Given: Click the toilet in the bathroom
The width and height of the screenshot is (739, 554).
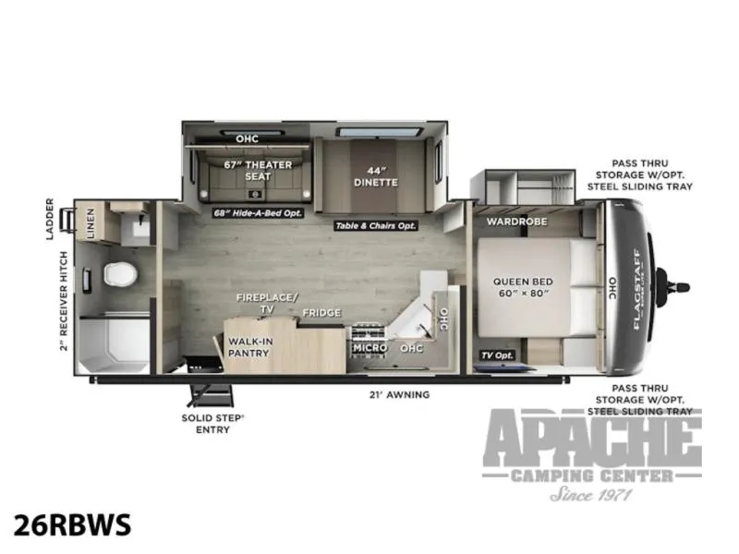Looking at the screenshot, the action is pyautogui.click(x=120, y=273).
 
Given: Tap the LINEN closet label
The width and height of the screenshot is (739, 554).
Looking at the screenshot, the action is pyautogui.click(x=90, y=223).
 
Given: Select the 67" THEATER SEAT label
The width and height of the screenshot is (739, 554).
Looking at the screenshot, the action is pyautogui.click(x=258, y=171).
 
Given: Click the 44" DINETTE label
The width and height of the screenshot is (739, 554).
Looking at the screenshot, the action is pyautogui.click(x=376, y=176).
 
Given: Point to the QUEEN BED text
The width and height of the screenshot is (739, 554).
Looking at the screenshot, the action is pyautogui.click(x=523, y=282).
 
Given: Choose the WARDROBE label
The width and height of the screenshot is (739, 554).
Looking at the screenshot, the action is pyautogui.click(x=517, y=221).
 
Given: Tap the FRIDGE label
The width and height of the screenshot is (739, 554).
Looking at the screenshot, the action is pyautogui.click(x=321, y=313).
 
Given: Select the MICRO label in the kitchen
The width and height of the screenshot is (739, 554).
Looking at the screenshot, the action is pyautogui.click(x=370, y=348).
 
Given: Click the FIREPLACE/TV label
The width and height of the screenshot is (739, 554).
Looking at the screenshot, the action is pyautogui.click(x=267, y=303).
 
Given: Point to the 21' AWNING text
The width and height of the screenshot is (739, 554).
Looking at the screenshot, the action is pyautogui.click(x=399, y=395).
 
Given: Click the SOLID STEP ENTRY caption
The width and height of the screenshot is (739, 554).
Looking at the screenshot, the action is pyautogui.click(x=212, y=424).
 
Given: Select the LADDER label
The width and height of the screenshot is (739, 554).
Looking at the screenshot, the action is pyautogui.click(x=50, y=219).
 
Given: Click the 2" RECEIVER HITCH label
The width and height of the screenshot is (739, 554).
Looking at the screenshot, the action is pyautogui.click(x=64, y=301).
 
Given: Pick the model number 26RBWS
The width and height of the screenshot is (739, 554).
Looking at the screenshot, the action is pyautogui.click(x=72, y=524).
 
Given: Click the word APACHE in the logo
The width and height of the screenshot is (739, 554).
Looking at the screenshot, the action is pyautogui.click(x=592, y=438).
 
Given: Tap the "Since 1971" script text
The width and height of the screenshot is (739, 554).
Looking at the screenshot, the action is pyautogui.click(x=590, y=494).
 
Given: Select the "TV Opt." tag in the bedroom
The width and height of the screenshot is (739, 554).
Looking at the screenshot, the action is pyautogui.click(x=497, y=355).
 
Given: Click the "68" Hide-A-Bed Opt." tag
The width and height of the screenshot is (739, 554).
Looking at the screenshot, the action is pyautogui.click(x=258, y=213).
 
